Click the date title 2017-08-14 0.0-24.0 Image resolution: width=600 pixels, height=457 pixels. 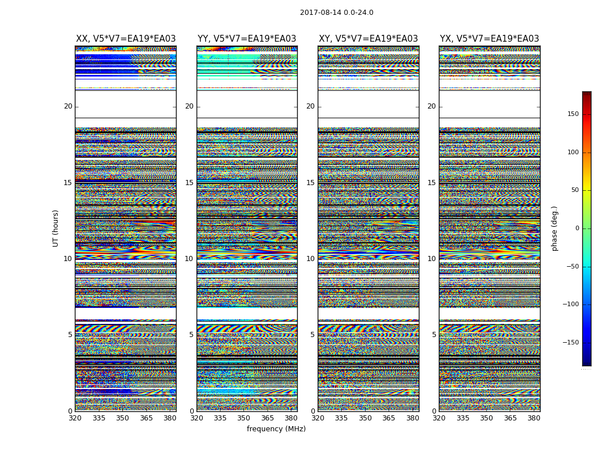(x=337, y=13)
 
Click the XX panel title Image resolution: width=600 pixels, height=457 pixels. (x=126, y=39)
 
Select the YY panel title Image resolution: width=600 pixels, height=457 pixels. (x=247, y=39)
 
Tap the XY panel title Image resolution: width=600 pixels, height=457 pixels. (x=368, y=39)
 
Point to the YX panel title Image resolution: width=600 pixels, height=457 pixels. (x=489, y=39)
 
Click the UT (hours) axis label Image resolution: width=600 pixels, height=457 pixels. (x=56, y=228)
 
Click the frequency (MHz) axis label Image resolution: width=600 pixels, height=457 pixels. (x=276, y=429)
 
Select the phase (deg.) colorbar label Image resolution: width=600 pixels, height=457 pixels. (x=554, y=228)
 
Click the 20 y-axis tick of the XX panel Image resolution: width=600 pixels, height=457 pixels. (x=68, y=106)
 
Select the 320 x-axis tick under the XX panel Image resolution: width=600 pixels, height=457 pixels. (x=75, y=418)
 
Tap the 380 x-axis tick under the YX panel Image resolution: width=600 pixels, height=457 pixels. (x=534, y=418)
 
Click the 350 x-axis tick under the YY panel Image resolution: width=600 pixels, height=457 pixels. (x=244, y=418)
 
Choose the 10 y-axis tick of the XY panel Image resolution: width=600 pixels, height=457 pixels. (x=310, y=259)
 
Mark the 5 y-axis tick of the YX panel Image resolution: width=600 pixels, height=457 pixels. (x=434, y=335)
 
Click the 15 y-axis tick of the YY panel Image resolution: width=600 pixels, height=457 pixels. (x=189, y=183)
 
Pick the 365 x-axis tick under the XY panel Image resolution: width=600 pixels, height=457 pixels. (x=389, y=418)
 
